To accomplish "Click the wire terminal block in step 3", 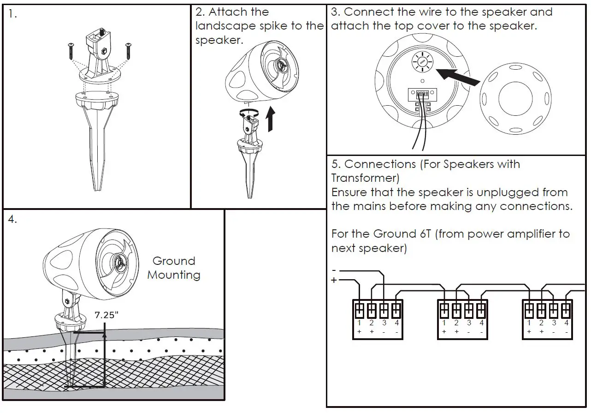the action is (422, 94).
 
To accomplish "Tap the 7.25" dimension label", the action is (106, 316).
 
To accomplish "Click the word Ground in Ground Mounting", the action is (174, 261).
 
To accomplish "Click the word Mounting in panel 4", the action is (174, 275).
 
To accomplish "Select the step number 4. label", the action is (13, 220).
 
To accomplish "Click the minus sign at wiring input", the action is (334, 270).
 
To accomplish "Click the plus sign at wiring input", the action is (334, 280).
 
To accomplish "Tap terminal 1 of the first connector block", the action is (359, 310).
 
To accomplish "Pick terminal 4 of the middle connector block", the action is (481, 310).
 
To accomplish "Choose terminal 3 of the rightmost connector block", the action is (554, 310).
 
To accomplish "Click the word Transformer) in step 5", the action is (365, 178).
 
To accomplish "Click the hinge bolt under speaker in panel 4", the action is (67, 301).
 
